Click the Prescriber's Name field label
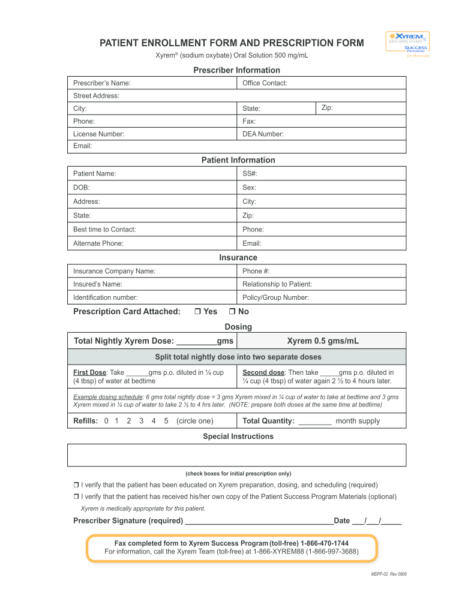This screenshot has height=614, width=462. pyautogui.click(x=102, y=83)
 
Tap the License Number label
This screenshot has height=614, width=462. pyautogui.click(x=98, y=134)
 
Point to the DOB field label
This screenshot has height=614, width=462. pyautogui.click(x=82, y=188)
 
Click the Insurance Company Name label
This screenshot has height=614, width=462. pyautogui.click(x=114, y=271)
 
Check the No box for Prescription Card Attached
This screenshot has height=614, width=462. pyautogui.click(x=232, y=312)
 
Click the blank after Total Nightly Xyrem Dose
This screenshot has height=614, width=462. pyautogui.click(x=196, y=341)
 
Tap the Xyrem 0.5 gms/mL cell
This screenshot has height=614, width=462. pyautogui.click(x=322, y=341)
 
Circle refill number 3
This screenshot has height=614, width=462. pyautogui.click(x=141, y=421)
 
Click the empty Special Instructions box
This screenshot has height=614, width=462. pyautogui.click(x=237, y=455)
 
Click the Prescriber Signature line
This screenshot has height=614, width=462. pyautogui.click(x=259, y=520)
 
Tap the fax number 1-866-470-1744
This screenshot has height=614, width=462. pyautogui.click(x=325, y=543)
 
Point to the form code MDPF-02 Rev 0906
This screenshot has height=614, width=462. pyautogui.click(x=389, y=574)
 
